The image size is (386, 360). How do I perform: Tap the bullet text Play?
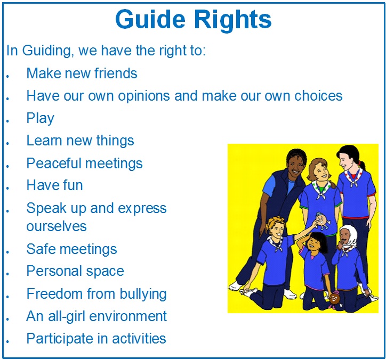(40, 118)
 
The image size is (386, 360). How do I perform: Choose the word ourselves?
(57, 226)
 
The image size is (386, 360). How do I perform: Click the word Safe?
(41, 249)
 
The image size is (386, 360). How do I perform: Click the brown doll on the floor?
(334, 299)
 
